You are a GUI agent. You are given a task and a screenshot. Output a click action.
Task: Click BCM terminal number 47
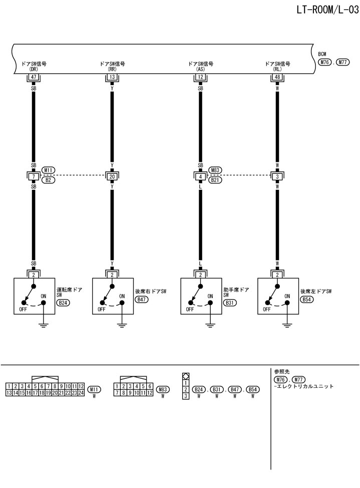pos(34,77)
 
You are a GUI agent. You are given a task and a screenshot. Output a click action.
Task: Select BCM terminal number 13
pos(112,77)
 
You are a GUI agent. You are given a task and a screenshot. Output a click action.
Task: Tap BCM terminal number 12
pos(200,77)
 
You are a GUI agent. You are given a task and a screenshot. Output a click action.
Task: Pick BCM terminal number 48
pos(277,77)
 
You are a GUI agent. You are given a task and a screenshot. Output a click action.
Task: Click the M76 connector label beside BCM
pos(325,62)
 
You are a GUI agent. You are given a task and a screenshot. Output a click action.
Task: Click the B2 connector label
pos(49,179)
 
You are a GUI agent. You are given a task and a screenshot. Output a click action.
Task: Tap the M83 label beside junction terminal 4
pos(215,170)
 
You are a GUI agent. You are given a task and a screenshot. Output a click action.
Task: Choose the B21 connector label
pos(215,179)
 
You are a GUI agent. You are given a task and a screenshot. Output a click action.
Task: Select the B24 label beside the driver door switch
pos(63,303)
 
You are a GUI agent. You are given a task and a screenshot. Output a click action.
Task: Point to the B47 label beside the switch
pos(142,299)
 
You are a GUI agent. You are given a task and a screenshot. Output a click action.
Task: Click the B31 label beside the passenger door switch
pos(230,303)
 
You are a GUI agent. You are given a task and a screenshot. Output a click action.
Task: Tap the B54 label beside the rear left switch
pos(307,299)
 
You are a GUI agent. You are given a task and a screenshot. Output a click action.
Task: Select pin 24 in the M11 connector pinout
pos(81,393)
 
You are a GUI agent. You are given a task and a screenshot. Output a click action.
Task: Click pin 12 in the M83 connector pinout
pos(150,393)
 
